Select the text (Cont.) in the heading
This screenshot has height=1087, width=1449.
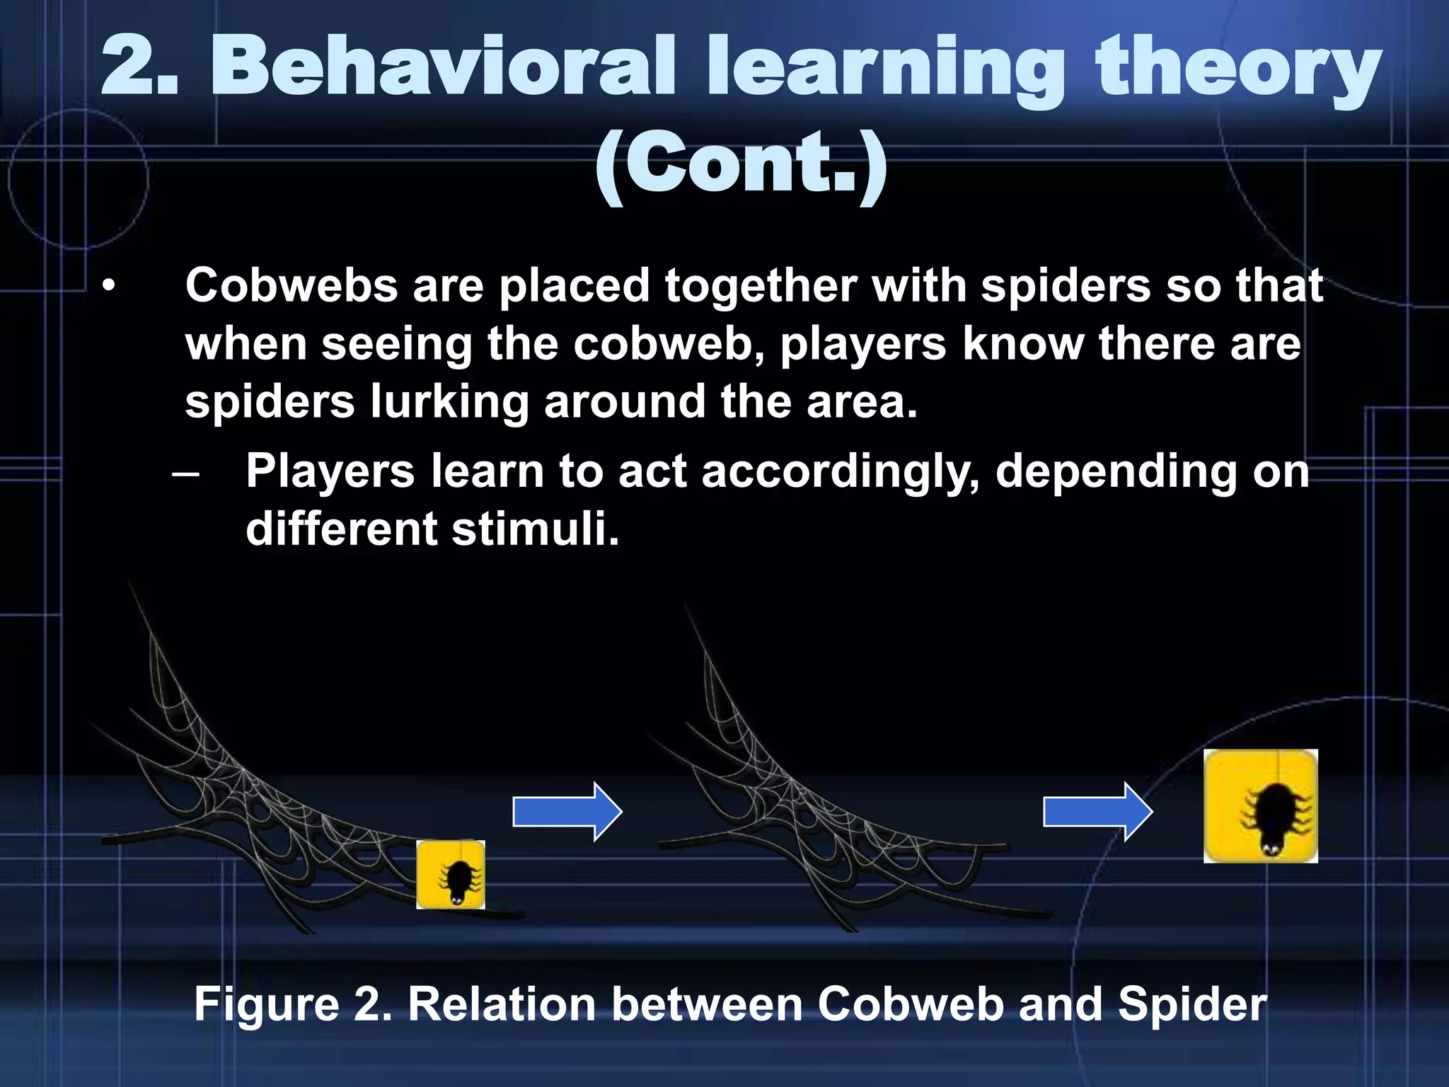(x=741, y=166)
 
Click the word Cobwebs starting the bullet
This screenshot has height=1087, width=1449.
(x=291, y=286)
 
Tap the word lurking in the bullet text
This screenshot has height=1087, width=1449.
(x=449, y=401)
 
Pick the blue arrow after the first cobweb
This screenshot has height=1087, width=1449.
(x=567, y=812)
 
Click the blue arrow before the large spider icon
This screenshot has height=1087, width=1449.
(x=1098, y=812)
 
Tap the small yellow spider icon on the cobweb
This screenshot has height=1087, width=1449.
(x=451, y=875)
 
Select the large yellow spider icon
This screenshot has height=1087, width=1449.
(x=1260, y=806)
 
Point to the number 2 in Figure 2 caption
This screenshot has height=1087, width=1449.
(x=371, y=1004)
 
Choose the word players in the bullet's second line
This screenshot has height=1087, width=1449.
(x=862, y=344)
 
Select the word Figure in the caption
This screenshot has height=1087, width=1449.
(x=267, y=1004)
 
